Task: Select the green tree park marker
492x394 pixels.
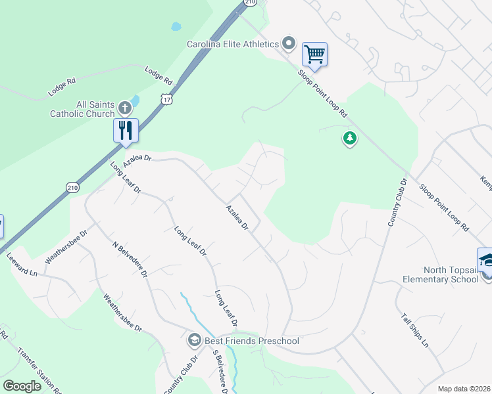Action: tap(350, 139)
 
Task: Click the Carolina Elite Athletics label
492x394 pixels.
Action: tap(233, 44)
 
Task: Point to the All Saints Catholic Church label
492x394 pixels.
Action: tap(82, 109)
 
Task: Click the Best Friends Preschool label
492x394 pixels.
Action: tap(252, 341)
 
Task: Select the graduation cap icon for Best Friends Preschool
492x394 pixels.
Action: tap(194, 340)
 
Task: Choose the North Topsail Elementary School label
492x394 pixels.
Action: tap(442, 274)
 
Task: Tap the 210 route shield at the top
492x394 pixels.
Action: tap(249, 3)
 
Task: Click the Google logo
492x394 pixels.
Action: tap(22, 386)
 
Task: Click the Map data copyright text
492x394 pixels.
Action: tap(464, 389)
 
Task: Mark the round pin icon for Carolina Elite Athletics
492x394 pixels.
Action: tap(289, 44)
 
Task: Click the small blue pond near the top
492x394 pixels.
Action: tap(176, 27)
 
